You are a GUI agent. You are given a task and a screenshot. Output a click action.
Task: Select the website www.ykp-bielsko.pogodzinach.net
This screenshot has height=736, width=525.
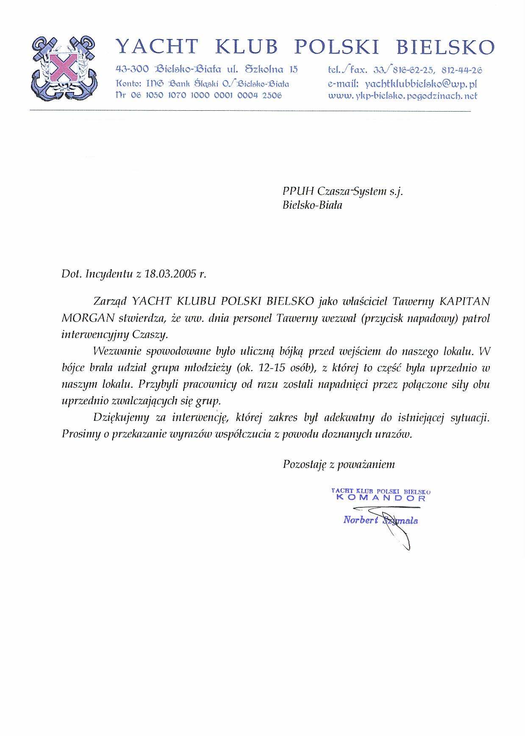pyautogui.click(x=403, y=96)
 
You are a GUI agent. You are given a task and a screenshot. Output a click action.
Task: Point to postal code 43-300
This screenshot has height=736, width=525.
pyautogui.click(x=132, y=69)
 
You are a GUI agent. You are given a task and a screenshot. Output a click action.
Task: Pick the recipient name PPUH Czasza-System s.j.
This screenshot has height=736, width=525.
pyautogui.click(x=342, y=191)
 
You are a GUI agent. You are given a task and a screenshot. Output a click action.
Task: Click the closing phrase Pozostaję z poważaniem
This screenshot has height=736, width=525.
pyautogui.click(x=339, y=465)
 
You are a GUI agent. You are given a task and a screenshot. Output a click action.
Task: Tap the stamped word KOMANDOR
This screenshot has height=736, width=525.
pyautogui.click(x=381, y=498)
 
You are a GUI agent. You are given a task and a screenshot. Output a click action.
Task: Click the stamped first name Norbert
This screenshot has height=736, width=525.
pyautogui.click(x=360, y=520)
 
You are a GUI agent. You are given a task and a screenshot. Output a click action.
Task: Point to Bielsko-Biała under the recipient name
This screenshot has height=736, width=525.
pyautogui.click(x=312, y=206)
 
